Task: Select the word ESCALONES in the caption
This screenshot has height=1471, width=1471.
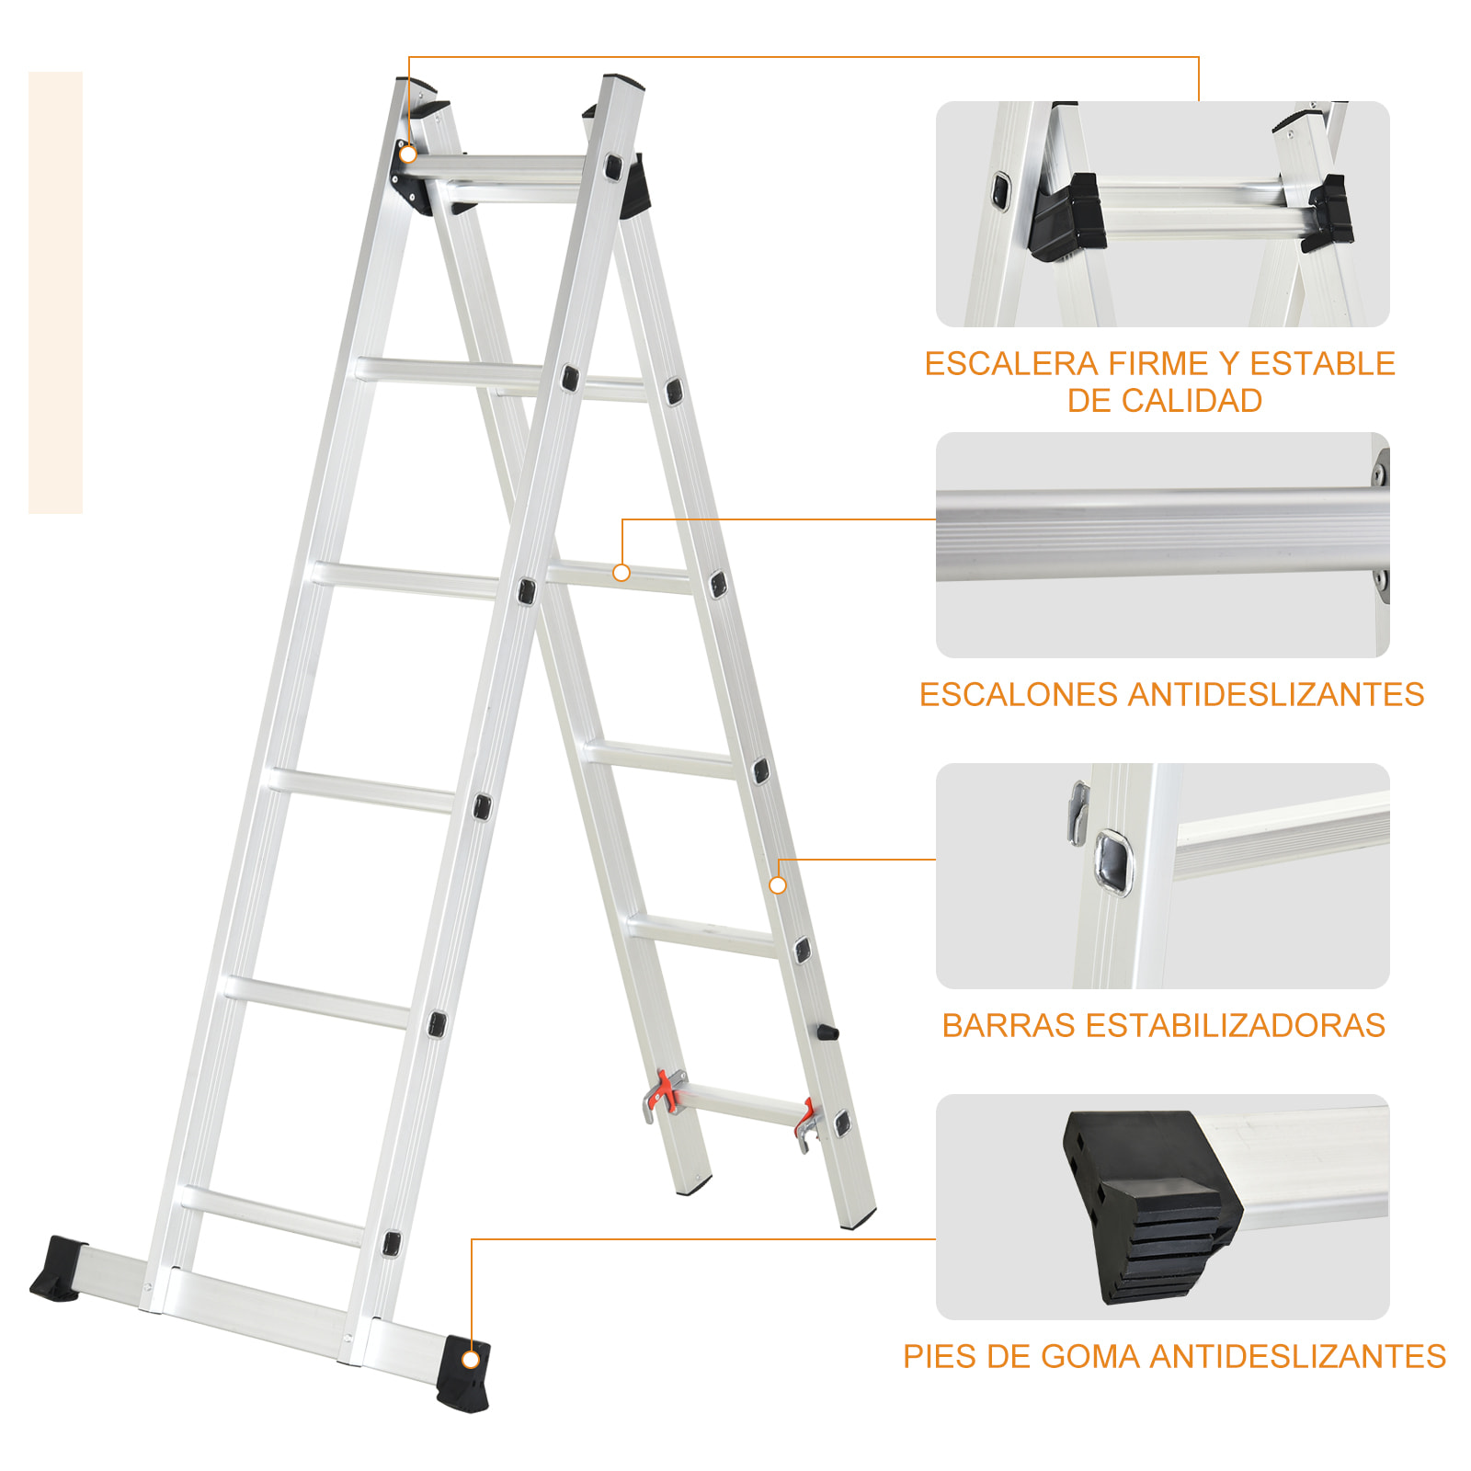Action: point(1019,695)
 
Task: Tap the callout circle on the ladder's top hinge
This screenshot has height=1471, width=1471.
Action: point(408,154)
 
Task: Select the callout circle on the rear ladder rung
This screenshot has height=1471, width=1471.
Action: point(621,573)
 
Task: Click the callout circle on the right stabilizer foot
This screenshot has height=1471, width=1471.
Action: point(471,1360)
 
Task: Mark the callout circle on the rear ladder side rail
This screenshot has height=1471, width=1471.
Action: point(778,885)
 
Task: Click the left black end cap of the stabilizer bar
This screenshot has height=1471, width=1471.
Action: point(58,1269)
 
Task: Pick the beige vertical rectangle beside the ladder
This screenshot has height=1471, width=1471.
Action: point(55,292)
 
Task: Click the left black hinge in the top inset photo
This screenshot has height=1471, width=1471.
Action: point(1066,219)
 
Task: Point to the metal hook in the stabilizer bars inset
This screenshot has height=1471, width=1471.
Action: point(1078,813)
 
